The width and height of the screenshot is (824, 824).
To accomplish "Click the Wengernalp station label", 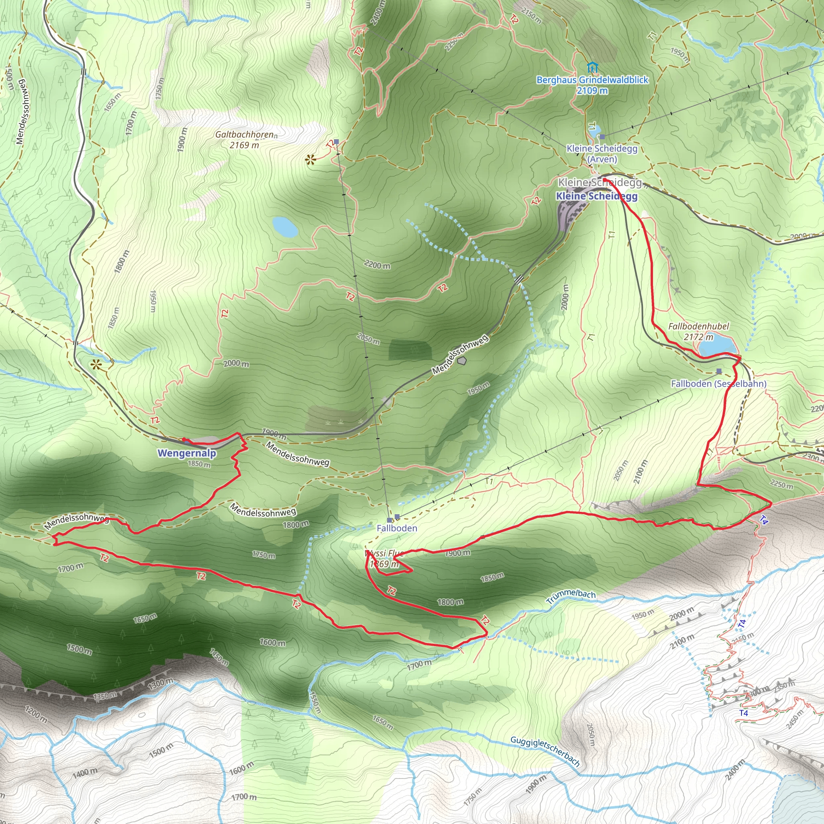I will [186, 453].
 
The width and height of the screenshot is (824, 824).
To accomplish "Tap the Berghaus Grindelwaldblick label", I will [592, 80].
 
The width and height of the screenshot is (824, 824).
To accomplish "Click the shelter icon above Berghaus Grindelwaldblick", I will [592, 67].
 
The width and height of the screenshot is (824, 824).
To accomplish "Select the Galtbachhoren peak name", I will [244, 134].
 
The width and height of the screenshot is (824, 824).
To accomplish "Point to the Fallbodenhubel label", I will [698, 326].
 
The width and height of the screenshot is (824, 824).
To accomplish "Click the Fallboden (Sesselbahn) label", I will [719, 383].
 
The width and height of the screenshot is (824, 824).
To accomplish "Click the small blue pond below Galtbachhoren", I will [284, 227].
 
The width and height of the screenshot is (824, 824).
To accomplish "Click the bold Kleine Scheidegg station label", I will [596, 196].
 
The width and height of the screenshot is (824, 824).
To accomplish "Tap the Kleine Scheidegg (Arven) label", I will [602, 154].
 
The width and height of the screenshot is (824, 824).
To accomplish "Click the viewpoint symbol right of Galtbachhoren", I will [311, 161].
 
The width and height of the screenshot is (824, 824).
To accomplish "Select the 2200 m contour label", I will [377, 265].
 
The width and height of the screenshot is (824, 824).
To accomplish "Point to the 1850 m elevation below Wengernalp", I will [199, 463].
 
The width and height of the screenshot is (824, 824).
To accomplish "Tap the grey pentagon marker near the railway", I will [461, 361].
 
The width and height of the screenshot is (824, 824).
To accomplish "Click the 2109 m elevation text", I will [592, 91].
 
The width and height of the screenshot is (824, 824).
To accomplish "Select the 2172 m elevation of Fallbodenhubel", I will [698, 337].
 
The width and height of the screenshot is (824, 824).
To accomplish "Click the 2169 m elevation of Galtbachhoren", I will [244, 145].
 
